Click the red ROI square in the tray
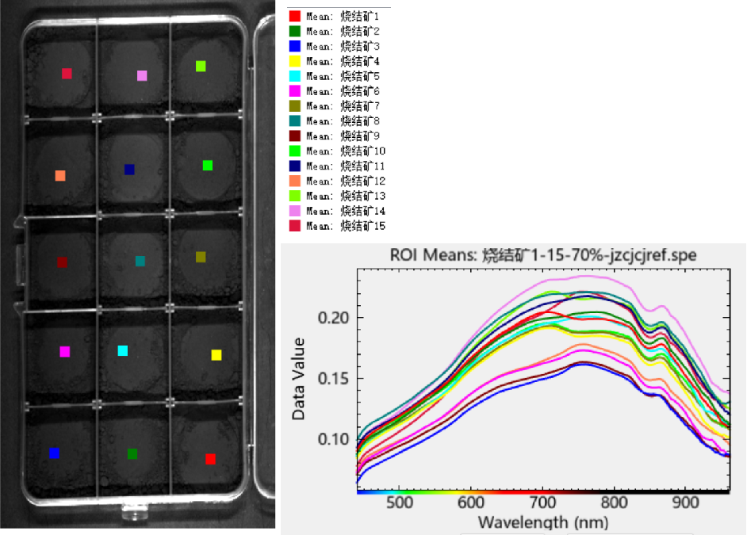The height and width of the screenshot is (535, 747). (210, 459)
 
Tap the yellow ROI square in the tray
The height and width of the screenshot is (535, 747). (216, 355)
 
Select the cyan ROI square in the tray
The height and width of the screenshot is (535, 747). (123, 350)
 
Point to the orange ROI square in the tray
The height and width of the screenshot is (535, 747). (60, 175)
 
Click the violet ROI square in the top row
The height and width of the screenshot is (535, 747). (142, 76)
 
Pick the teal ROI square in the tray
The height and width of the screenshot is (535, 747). (140, 261)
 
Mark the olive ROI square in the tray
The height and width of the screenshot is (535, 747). (201, 257)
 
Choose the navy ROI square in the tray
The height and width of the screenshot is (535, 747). (129, 170)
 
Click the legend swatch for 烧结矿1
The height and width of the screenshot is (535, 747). (295, 16)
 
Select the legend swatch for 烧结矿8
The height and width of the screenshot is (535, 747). (295, 121)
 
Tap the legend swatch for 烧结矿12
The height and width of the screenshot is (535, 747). (295, 182)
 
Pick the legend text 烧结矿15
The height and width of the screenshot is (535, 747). (362, 227)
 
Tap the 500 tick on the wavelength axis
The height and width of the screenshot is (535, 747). (400, 503)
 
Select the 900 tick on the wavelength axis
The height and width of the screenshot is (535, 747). (685, 503)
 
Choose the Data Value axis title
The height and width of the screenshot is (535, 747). (299, 378)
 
